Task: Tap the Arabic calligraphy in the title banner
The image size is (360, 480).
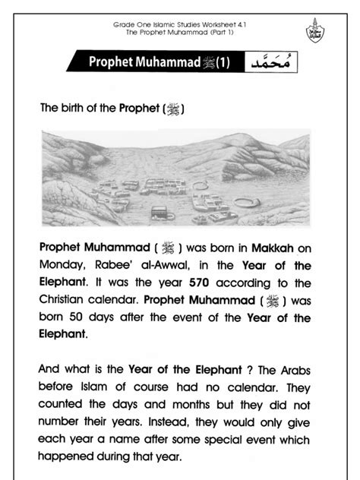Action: (272, 62)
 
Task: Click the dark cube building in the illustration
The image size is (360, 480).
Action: (159, 212)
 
